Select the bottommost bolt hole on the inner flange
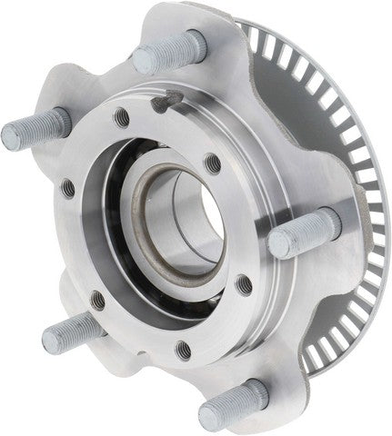pyautogui.click(x=185, y=346)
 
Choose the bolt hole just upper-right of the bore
pyautogui.click(x=211, y=163)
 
